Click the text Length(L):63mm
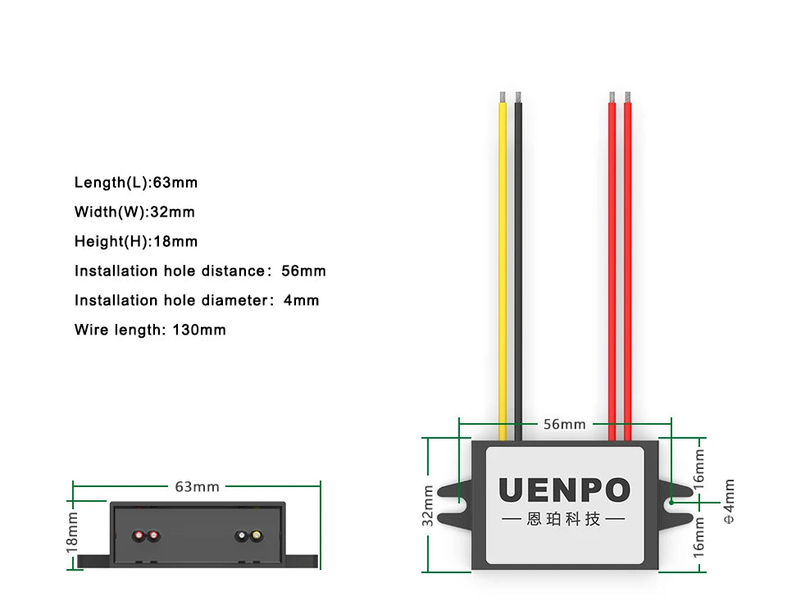tap(136, 182)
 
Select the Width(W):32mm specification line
tap(134, 212)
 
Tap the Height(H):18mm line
tap(136, 241)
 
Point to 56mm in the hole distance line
tap(303, 271)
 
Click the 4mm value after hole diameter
tap(301, 300)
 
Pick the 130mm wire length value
tap(198, 330)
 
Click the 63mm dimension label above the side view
tap(197, 486)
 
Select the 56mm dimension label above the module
tap(565, 424)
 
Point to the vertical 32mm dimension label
tap(428, 506)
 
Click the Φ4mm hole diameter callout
tap(729, 501)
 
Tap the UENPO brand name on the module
tap(565, 490)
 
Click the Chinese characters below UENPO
tap(564, 519)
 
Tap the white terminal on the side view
tap(242, 536)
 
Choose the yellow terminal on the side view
tap(257, 536)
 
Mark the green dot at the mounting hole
tap(671, 501)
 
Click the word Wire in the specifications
tap(91, 330)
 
